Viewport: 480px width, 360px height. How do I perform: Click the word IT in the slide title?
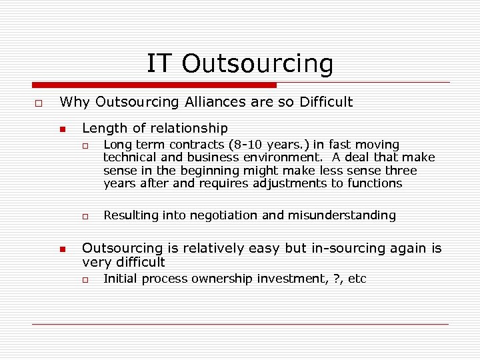(x=159, y=63)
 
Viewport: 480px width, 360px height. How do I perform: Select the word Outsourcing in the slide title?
(x=257, y=63)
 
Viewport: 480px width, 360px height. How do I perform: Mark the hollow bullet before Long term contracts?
(x=85, y=145)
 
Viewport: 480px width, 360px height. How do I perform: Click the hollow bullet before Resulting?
(x=85, y=216)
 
